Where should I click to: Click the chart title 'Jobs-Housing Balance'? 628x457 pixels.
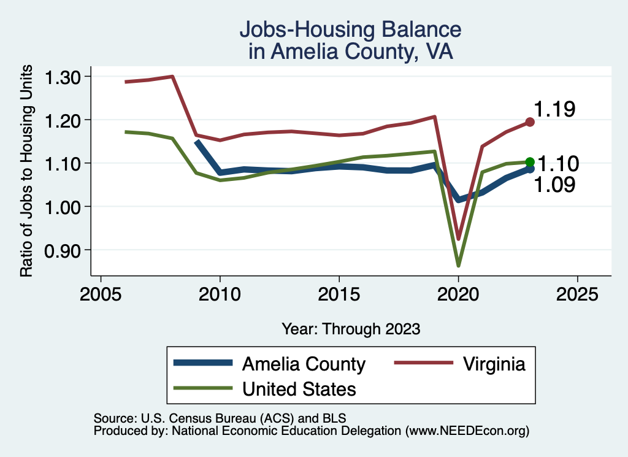point(350,29)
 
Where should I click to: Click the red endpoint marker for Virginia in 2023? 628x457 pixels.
point(530,122)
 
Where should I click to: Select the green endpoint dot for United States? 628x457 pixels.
point(530,162)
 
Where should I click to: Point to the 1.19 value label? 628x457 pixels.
point(554,110)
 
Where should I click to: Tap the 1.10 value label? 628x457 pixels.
point(557,164)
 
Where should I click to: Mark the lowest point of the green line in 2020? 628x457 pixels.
point(458,265)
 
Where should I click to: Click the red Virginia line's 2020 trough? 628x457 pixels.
point(458,238)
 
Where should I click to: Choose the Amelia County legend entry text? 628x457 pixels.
point(304,364)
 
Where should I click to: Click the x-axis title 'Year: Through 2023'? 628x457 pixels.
point(351,329)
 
